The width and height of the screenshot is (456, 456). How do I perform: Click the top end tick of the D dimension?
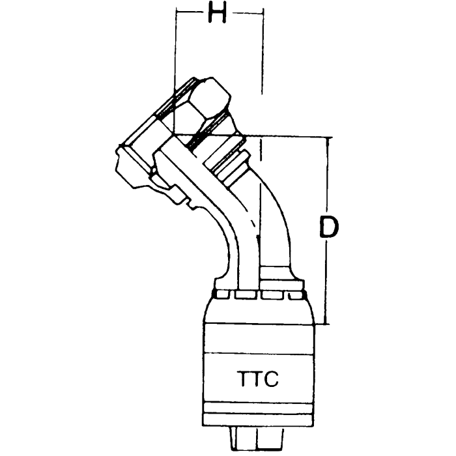click(328, 137)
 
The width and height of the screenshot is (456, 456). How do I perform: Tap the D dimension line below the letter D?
click(328, 287)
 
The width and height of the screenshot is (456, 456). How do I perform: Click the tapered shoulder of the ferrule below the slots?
click(257, 309)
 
